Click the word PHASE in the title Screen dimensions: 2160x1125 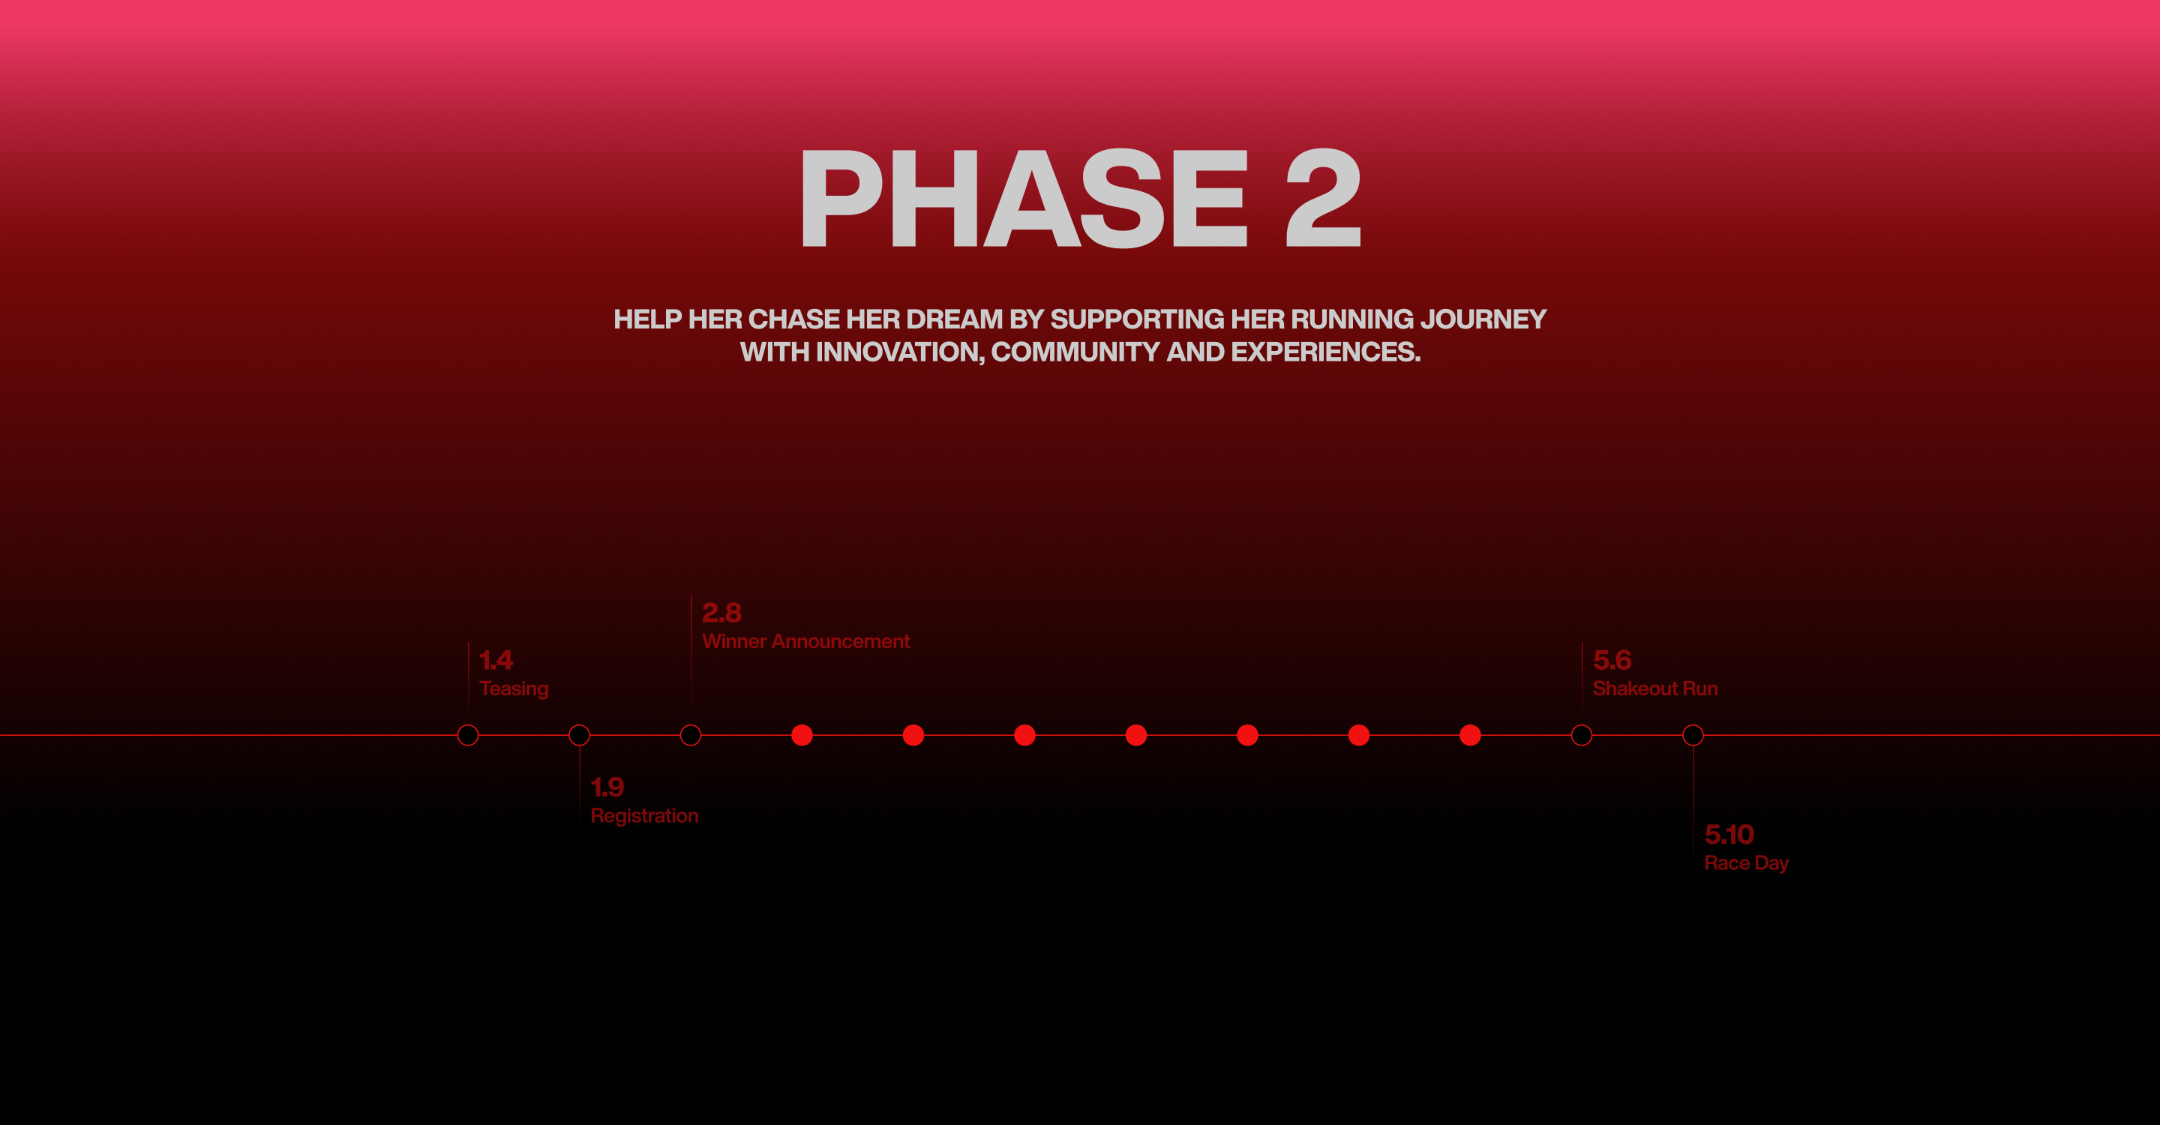tap(1024, 198)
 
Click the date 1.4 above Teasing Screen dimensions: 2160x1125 tap(496, 661)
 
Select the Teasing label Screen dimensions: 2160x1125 tap(514, 689)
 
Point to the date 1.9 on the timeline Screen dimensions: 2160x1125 tap(607, 787)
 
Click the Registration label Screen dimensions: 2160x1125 tap(644, 817)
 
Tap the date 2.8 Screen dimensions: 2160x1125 tap(721, 613)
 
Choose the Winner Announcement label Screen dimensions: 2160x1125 tap(805, 641)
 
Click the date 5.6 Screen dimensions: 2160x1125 tap(1612, 661)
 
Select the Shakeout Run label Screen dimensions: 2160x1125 tap(1655, 689)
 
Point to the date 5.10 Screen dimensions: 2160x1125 tap(1729, 835)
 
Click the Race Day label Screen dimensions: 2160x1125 tap(1747, 863)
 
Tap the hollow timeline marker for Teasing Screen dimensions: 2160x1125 tap(468, 725)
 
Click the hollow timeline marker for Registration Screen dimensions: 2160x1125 tap(580, 725)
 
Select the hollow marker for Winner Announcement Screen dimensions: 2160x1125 tap(691, 725)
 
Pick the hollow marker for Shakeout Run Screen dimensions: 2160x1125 tap(1582, 725)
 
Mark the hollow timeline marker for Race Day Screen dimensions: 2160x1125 tap(1693, 725)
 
